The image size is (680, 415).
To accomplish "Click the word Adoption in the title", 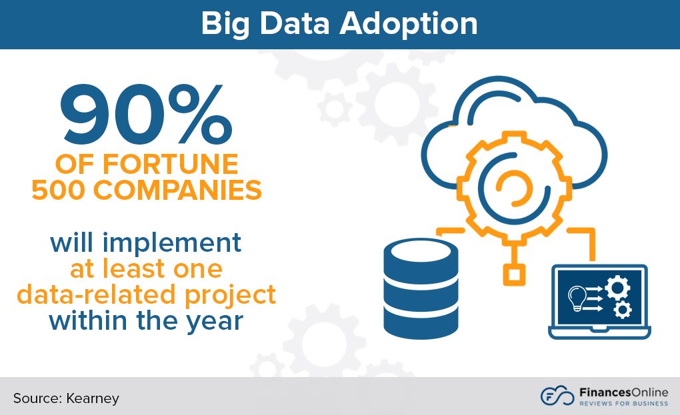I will click(x=408, y=25).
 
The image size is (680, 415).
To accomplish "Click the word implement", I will click(x=174, y=243).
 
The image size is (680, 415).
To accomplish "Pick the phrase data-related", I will click(x=97, y=294).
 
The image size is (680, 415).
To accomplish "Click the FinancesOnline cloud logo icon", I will click(x=557, y=396).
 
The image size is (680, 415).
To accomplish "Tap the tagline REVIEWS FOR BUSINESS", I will click(x=622, y=403).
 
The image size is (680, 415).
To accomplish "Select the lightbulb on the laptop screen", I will click(x=575, y=297).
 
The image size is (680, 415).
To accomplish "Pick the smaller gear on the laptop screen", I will click(x=622, y=309).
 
